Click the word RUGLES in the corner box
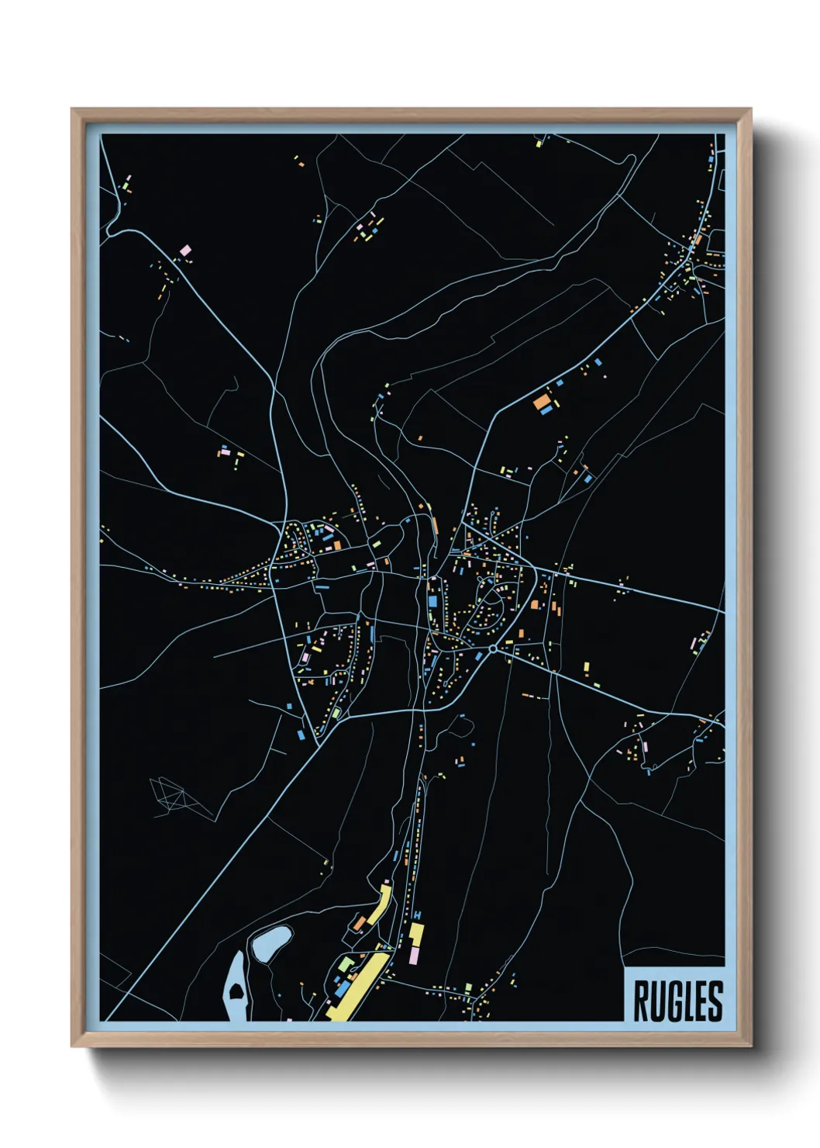[677, 1001]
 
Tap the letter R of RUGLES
[643, 1001]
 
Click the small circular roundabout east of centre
[493, 648]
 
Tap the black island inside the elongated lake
[234, 991]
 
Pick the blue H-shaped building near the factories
[418, 916]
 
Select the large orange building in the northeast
[540, 402]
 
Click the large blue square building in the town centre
[432, 600]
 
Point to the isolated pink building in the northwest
[184, 251]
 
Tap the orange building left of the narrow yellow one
[359, 922]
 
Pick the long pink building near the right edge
[694, 643]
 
